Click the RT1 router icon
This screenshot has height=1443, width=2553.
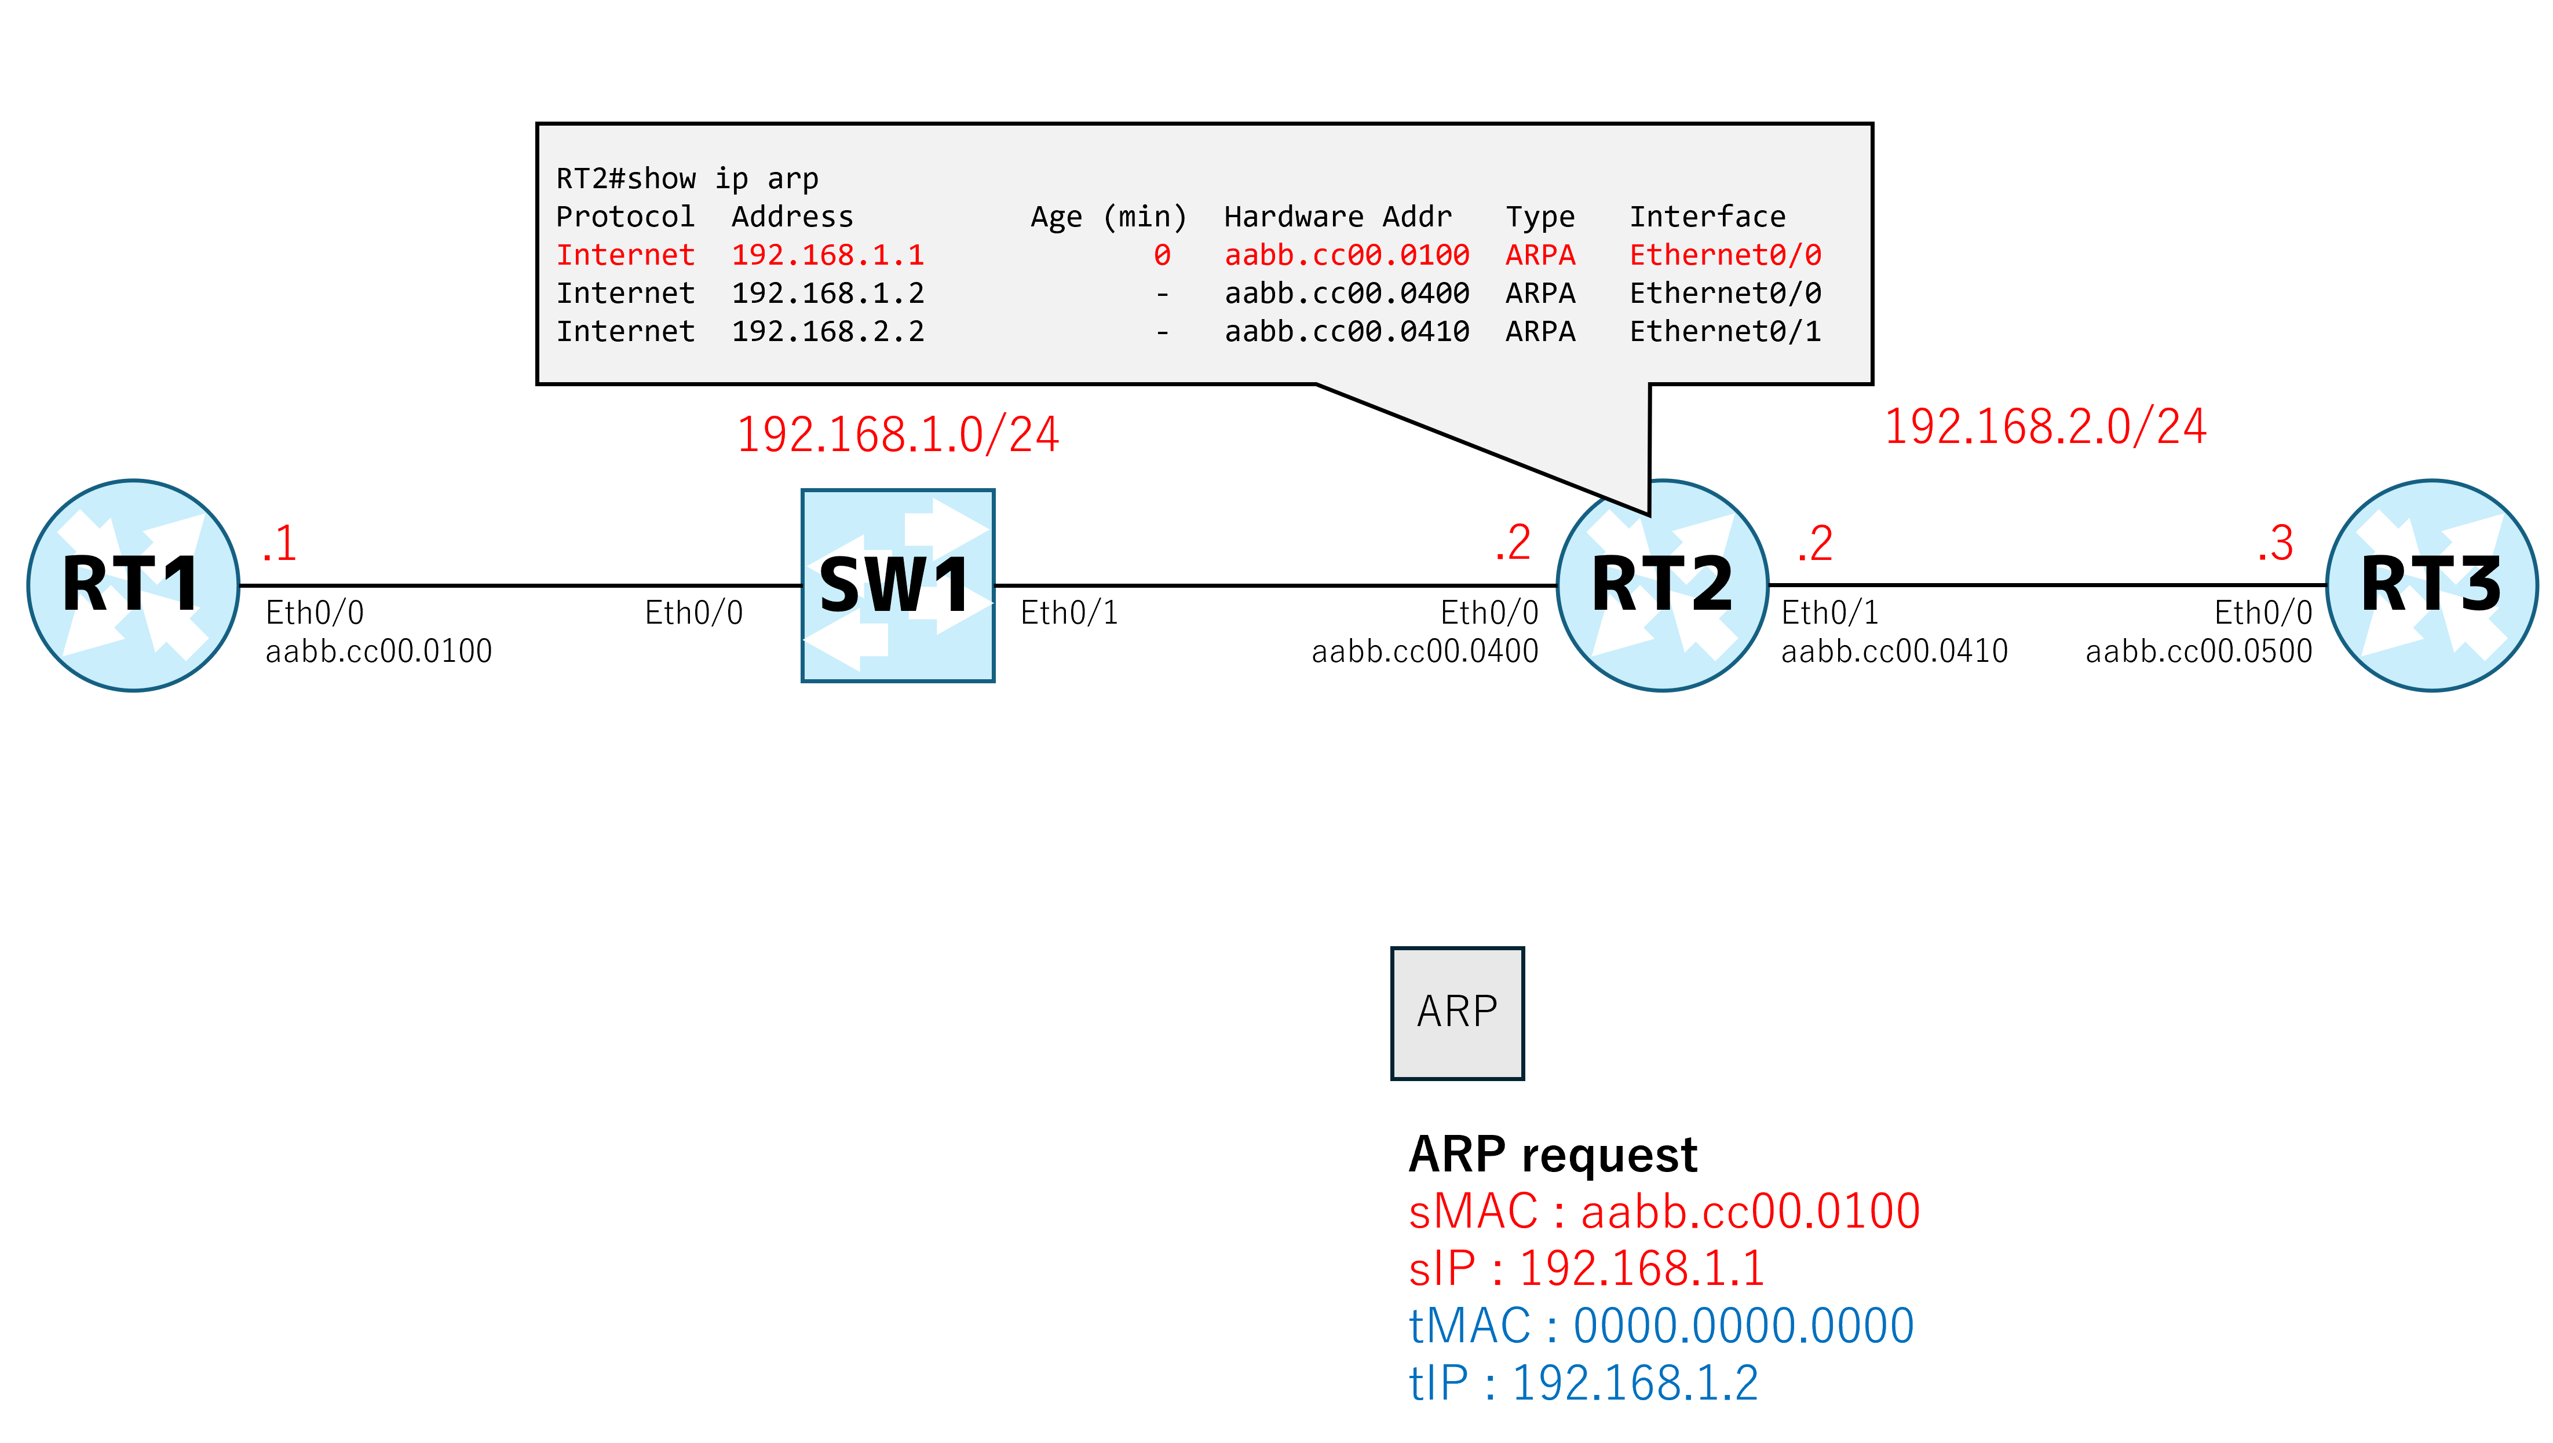click(133, 585)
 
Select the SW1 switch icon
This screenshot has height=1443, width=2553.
click(897, 585)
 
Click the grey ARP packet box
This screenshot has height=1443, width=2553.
click(1456, 1012)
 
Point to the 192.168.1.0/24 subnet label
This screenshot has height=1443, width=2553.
click(897, 434)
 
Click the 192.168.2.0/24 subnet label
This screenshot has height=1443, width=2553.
click(2044, 426)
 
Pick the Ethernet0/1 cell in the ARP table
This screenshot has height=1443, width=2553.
click(1725, 331)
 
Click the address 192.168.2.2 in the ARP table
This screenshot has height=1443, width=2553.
click(828, 331)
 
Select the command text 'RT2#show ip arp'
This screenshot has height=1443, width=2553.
click(687, 178)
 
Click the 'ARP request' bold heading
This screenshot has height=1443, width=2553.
click(1553, 1155)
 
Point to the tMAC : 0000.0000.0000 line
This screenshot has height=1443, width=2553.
click(1661, 1325)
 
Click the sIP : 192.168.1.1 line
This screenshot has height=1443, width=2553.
click(1586, 1268)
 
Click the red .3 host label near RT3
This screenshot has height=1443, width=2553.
click(2274, 543)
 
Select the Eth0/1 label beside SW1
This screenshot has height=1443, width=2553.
click(1069, 613)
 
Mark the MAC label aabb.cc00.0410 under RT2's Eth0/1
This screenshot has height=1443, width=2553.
click(1894, 651)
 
